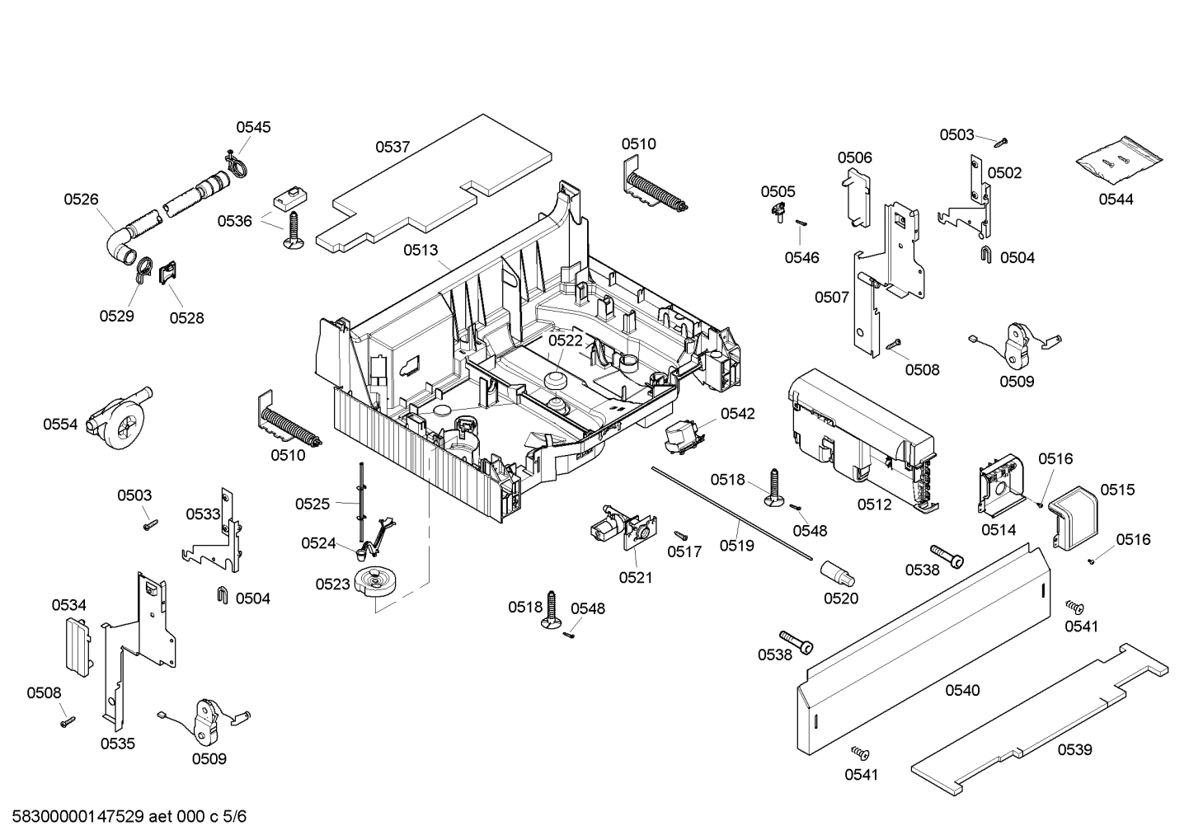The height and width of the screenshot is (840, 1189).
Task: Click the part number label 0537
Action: pos(392,147)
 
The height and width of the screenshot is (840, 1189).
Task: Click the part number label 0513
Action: pos(421,250)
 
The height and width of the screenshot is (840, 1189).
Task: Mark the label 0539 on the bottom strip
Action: pos(1074,749)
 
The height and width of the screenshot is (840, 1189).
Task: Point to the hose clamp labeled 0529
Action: pos(142,268)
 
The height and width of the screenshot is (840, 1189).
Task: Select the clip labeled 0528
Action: pos(168,272)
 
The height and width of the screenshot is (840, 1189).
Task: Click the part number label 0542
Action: pos(737,414)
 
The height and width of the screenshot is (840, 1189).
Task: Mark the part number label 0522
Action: pos(566,340)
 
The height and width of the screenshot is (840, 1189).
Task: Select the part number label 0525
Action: pos(312,504)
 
